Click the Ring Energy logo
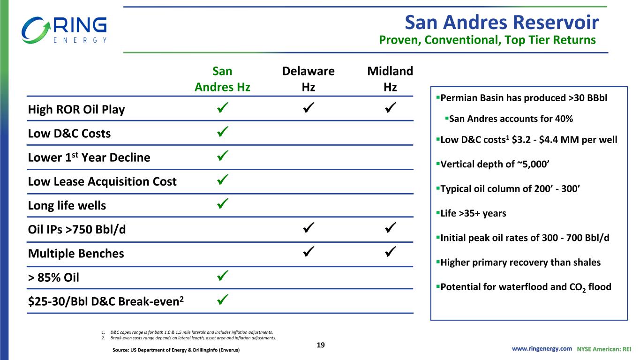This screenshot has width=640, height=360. pos(64,30)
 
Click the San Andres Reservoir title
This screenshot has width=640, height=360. pos(502,22)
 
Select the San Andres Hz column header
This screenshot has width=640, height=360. pos(222,79)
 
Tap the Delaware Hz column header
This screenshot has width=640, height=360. pos(309,79)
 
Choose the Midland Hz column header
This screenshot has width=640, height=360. pos(390,79)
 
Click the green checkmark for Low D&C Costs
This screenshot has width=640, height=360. pos(223,132)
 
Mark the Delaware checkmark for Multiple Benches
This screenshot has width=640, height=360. pos(309,252)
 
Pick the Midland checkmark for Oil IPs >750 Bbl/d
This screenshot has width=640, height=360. pos(390,228)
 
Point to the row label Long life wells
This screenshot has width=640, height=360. pos(67,205)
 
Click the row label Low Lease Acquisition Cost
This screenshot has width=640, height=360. pos(102,182)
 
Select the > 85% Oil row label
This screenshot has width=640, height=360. pos(53,277)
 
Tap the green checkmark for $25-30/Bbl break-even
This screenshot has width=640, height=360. pos(223,300)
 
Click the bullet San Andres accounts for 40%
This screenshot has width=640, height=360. pos(509,119)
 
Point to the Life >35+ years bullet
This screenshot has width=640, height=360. pos(471,213)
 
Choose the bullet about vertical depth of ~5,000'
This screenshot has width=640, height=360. pos(493,164)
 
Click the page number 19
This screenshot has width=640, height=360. pos(321,345)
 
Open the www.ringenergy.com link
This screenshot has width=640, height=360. pos(542,349)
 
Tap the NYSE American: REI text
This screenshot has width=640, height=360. pos(604,349)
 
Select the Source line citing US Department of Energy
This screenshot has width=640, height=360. pos(176,350)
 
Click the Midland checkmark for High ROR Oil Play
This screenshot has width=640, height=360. pos(390,108)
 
